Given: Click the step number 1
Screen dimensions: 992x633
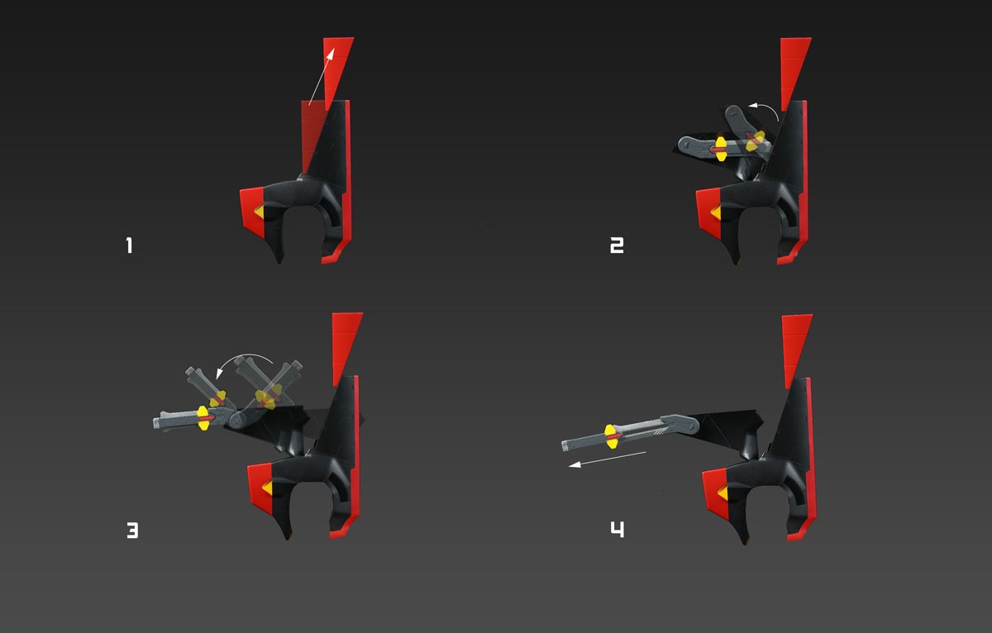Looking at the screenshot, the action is (129, 245).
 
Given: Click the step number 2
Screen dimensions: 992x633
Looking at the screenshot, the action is (617, 245).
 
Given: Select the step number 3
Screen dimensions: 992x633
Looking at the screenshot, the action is (132, 531).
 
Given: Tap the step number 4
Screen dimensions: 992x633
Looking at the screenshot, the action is (618, 530).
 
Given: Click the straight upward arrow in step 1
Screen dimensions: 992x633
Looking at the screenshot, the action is (322, 77).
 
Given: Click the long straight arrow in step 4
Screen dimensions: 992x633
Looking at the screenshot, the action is (607, 459).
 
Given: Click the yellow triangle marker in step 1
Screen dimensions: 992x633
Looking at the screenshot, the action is (260, 212).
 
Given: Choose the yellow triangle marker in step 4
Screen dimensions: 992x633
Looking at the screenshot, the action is (723, 493).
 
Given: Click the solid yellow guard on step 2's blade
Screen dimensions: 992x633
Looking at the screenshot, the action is (721, 149).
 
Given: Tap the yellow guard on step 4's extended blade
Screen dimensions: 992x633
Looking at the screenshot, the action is (611, 436).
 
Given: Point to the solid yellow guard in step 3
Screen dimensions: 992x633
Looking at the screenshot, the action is (203, 418).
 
